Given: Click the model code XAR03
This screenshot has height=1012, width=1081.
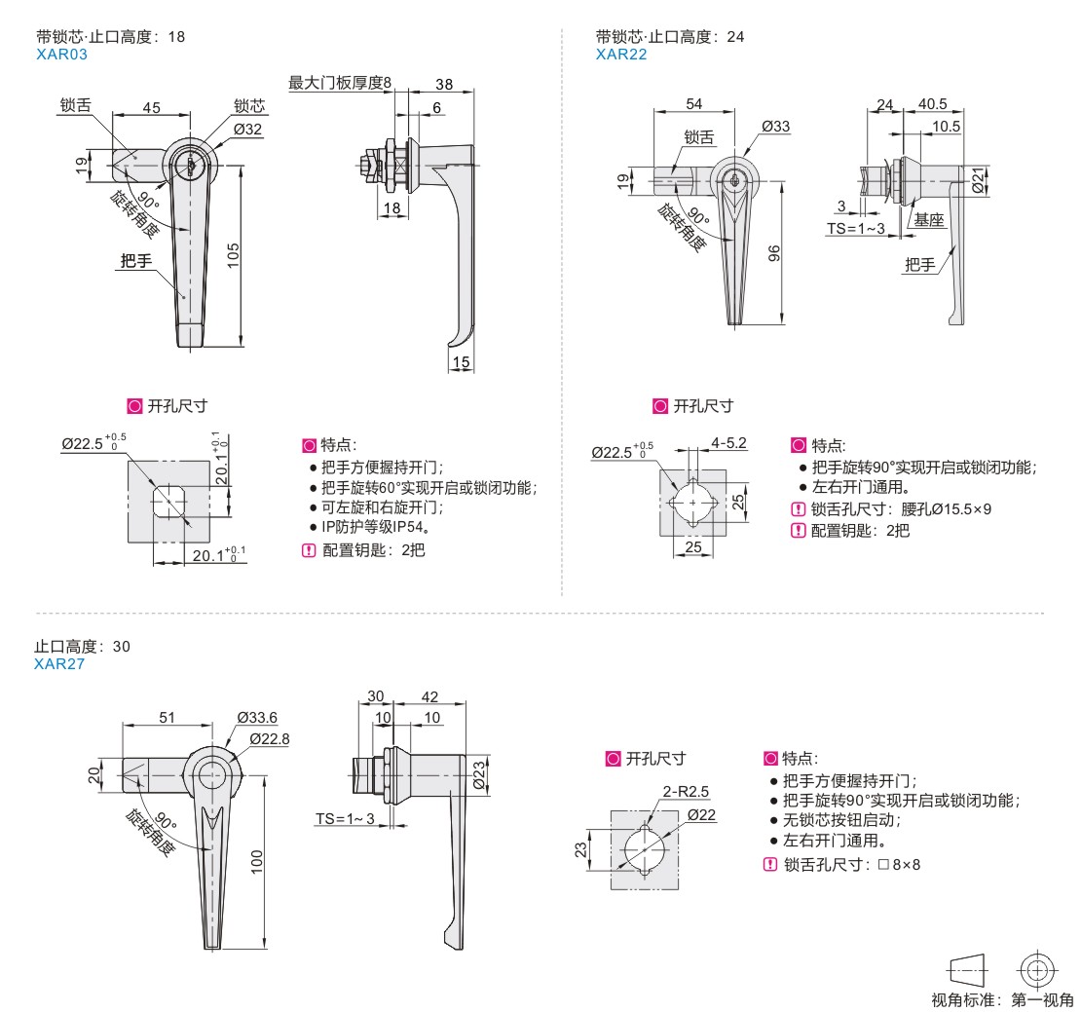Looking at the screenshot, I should (x=60, y=56).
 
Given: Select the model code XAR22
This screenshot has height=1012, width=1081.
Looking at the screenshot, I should (x=621, y=55).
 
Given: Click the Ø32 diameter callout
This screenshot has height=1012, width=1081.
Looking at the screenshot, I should (x=246, y=128).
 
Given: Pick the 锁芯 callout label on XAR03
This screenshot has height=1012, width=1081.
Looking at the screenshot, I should (x=248, y=106).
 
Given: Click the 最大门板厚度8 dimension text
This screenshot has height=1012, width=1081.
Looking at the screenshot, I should (x=339, y=83).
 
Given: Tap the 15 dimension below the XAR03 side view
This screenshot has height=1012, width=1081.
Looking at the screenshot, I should (x=461, y=362).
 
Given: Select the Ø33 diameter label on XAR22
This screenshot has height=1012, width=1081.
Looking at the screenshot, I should (x=776, y=127).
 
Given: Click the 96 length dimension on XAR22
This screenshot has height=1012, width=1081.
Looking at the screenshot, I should (x=775, y=252).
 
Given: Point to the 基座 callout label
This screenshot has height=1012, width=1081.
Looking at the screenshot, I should (x=929, y=221).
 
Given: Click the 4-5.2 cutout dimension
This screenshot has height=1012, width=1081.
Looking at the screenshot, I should (x=728, y=443).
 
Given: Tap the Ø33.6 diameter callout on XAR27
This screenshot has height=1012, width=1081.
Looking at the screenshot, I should (x=257, y=718).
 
